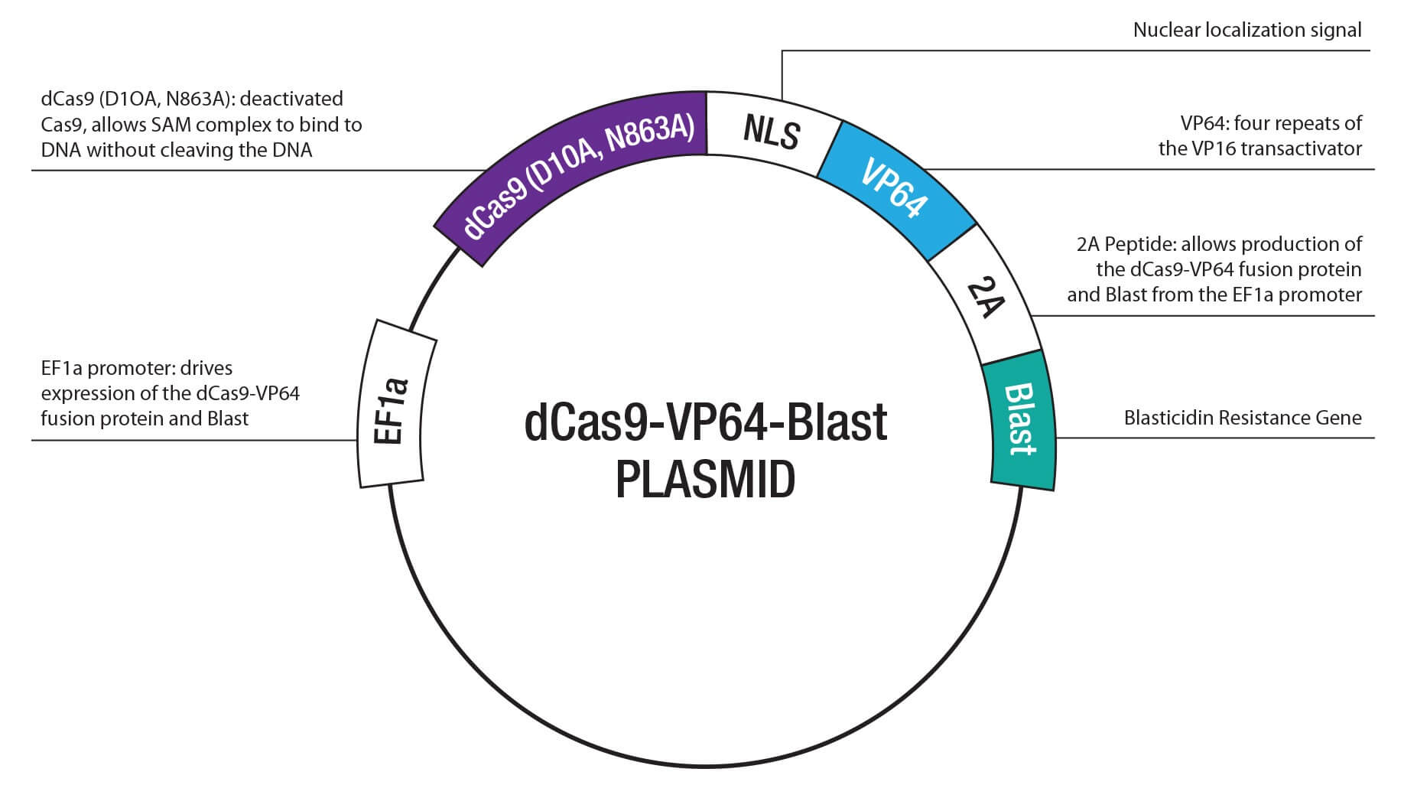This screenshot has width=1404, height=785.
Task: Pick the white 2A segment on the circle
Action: [x=985, y=298]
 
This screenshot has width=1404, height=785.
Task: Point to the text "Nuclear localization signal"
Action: [x=1246, y=31]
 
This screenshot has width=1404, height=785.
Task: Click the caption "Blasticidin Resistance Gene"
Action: [x=1242, y=418]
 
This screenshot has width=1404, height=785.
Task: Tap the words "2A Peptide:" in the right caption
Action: [x=1126, y=245]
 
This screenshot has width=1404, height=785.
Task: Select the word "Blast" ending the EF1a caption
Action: [x=227, y=419]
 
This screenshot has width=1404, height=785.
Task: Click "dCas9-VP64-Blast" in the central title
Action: [x=704, y=423]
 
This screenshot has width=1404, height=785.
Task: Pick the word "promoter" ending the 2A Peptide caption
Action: [x=1320, y=295]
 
